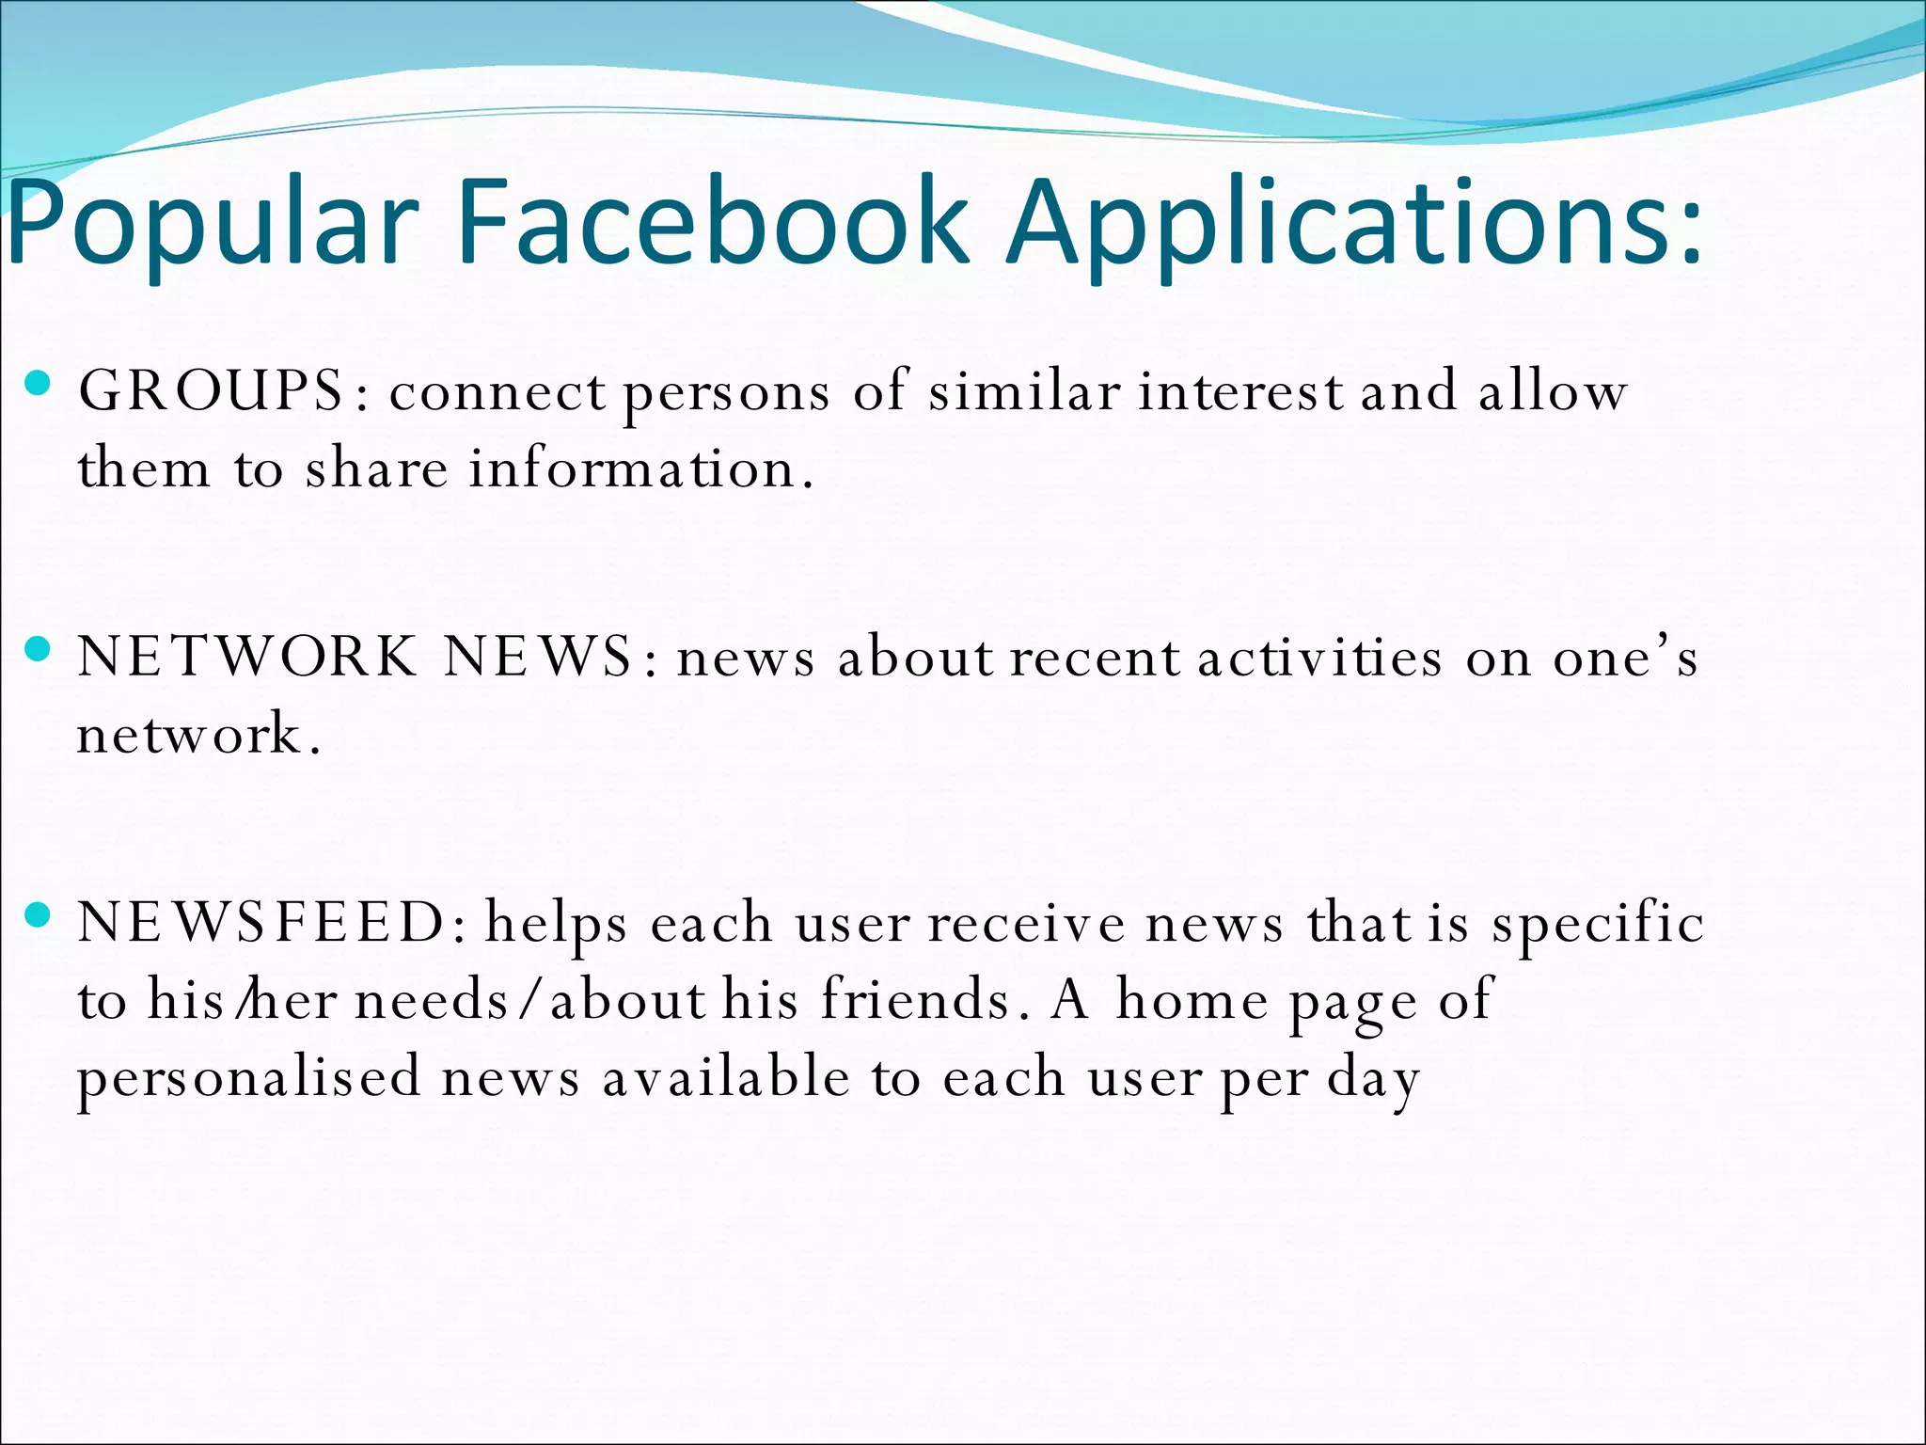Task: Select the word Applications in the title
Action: (1354, 224)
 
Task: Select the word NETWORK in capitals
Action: (247, 656)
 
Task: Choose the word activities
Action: (1319, 656)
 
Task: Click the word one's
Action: (1624, 656)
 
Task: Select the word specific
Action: (1598, 922)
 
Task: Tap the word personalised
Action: (248, 1078)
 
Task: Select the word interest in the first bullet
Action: (1240, 390)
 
